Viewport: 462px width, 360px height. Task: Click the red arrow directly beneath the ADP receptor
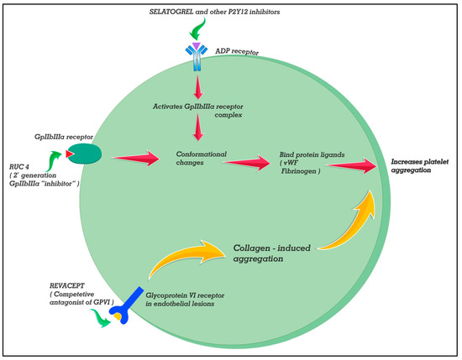(x=197, y=86)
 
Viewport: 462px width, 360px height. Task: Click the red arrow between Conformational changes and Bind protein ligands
(x=253, y=163)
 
